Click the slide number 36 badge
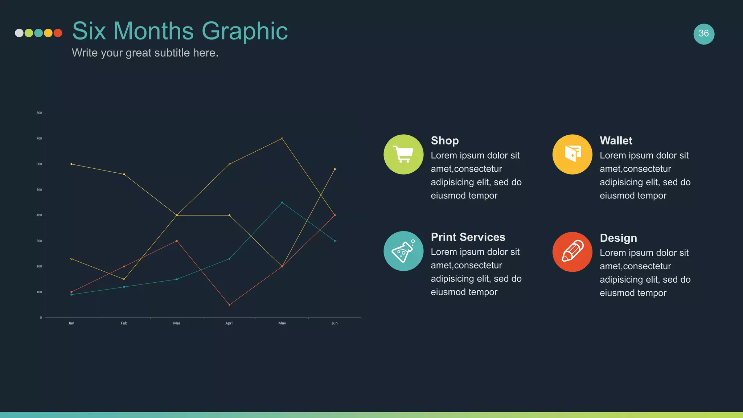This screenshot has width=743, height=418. (704, 34)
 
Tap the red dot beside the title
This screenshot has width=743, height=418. (58, 33)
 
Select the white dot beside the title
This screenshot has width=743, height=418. (19, 33)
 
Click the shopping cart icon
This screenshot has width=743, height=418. (403, 155)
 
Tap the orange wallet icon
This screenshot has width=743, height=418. (572, 155)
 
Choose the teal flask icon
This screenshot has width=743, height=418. (403, 251)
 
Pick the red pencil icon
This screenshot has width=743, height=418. (572, 252)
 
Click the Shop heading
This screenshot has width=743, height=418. (445, 140)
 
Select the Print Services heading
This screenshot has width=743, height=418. (468, 237)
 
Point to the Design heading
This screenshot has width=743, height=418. (618, 238)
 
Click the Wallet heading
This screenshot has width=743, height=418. (616, 140)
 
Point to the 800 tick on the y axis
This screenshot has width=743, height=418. (39, 113)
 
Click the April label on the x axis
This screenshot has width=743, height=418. (229, 323)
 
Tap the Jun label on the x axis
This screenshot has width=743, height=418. (334, 323)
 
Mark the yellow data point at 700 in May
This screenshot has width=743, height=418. (282, 139)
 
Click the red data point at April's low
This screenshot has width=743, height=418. (229, 305)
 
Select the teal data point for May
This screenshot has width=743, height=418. (282, 202)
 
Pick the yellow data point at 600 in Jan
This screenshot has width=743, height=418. (71, 164)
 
